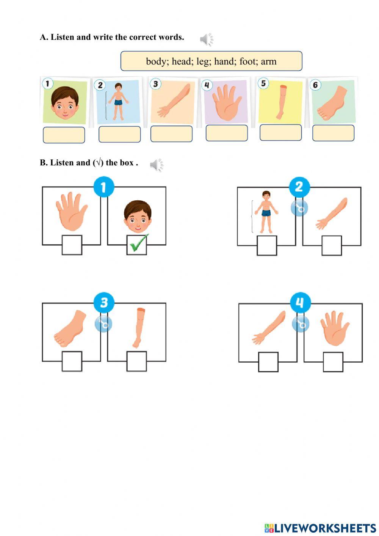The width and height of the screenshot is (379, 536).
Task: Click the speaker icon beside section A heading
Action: [207, 39]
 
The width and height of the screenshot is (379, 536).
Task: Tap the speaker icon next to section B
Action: [157, 165]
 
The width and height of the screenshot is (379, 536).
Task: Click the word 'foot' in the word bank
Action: [247, 61]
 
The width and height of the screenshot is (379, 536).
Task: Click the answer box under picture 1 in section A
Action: [64, 135]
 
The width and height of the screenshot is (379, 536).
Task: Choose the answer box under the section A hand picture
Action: [227, 133]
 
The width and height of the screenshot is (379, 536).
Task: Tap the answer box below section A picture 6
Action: [333, 133]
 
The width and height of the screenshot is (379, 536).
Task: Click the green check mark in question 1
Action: [139, 243]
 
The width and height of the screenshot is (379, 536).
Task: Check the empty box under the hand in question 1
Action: [72, 245]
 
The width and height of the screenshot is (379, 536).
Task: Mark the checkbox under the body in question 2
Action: [267, 245]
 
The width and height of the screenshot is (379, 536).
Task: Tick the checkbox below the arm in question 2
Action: [332, 245]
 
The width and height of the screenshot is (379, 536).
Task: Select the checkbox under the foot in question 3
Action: [72, 362]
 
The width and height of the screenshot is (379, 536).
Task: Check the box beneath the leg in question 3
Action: [137, 362]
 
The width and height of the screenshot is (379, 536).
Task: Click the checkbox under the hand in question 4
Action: [333, 362]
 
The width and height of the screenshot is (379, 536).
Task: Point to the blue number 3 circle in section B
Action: [104, 302]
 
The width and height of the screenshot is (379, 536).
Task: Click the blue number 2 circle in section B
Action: [299, 187]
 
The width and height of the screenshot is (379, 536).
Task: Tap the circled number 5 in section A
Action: [263, 83]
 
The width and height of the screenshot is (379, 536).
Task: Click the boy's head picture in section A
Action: [65, 103]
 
